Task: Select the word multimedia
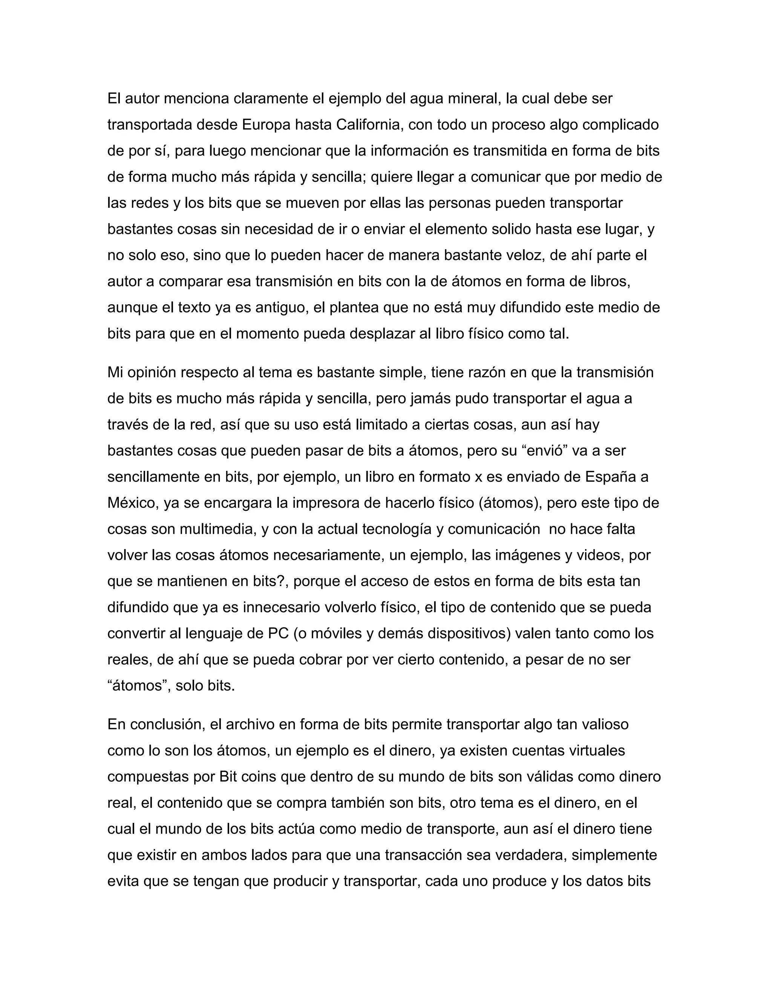(217, 529)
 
